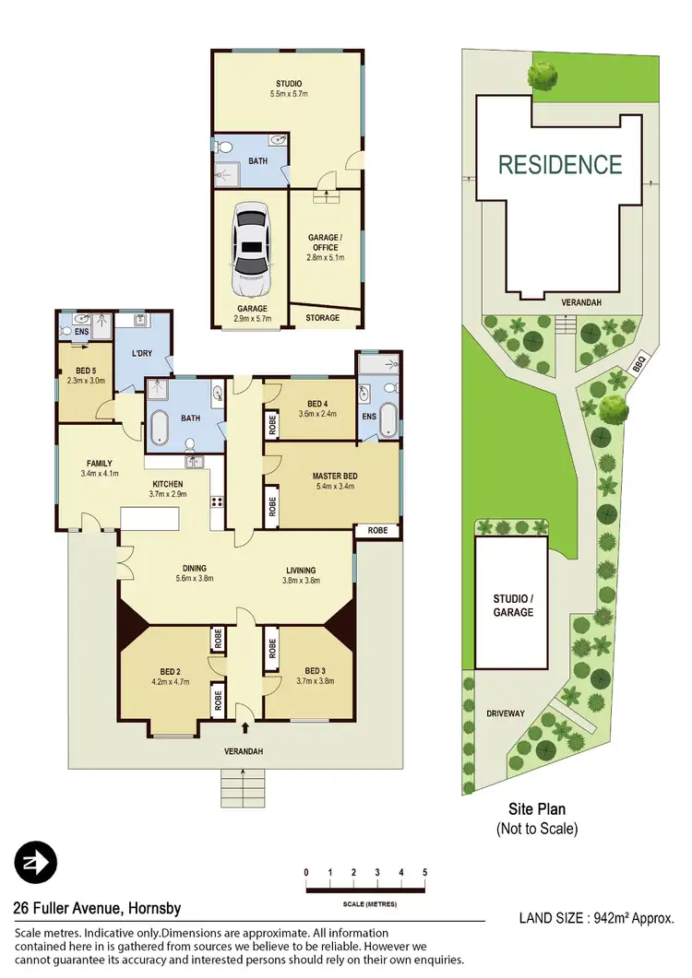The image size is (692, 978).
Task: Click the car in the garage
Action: tap(250, 242)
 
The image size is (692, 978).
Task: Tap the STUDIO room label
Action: tap(288, 84)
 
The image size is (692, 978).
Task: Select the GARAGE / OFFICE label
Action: tap(324, 242)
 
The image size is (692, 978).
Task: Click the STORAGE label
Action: tap(322, 318)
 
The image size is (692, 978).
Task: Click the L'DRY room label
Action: tap(142, 355)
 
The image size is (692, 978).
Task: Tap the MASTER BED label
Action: tap(335, 476)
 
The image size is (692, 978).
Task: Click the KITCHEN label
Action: tap(167, 484)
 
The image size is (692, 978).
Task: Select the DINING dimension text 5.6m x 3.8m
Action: tap(194, 580)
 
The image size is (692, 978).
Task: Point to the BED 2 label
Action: tap(169, 671)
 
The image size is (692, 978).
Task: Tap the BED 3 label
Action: tap(316, 670)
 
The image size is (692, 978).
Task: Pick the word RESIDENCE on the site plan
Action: tap(560, 165)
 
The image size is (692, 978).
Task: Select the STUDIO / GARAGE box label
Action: tap(513, 605)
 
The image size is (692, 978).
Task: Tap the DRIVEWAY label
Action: tap(506, 713)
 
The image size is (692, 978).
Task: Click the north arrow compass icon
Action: tap(36, 863)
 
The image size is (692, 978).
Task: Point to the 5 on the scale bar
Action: tap(424, 872)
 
